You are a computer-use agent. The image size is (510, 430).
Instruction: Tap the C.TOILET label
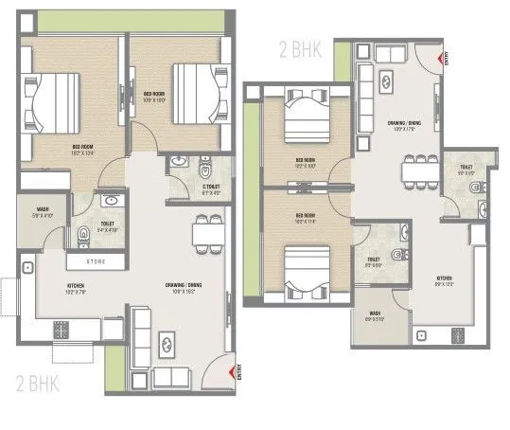tap(198, 188)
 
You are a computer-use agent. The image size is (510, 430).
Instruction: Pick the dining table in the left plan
tap(205, 232)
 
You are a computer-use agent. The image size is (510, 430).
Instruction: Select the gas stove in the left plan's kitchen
tap(63, 330)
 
